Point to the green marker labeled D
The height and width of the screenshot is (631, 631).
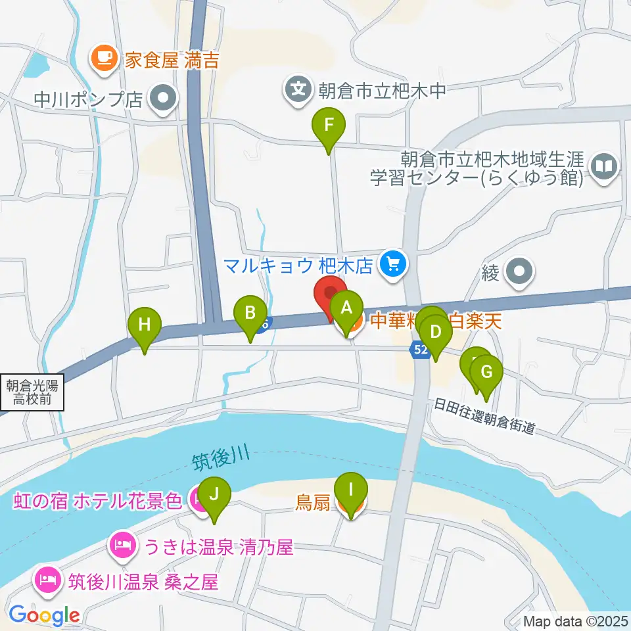tap(435, 332)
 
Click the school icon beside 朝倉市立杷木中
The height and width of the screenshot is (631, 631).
tap(298, 89)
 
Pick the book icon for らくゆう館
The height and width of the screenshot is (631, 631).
tap(603, 165)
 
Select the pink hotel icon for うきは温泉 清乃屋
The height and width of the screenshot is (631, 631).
tap(123, 545)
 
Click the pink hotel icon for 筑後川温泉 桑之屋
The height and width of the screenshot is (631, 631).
tap(48, 580)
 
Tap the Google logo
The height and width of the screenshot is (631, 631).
tap(45, 615)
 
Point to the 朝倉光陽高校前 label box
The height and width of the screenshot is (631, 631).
tap(32, 393)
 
